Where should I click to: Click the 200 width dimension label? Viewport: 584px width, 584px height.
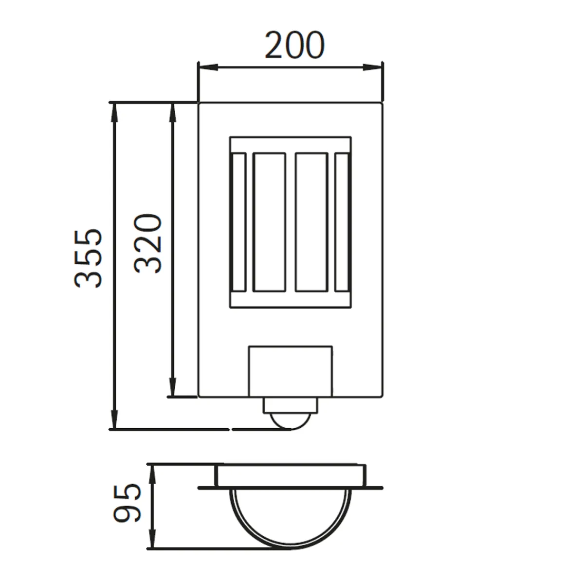(x=294, y=45)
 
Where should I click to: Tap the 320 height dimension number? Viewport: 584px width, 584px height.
(x=147, y=243)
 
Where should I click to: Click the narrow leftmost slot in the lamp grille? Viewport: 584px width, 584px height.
(x=239, y=222)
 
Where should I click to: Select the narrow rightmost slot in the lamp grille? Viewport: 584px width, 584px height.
(x=342, y=222)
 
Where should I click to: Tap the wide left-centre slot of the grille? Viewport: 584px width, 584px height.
(x=269, y=222)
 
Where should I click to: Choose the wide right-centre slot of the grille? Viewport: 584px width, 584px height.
(x=311, y=222)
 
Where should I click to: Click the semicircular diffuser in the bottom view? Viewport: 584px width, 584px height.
(x=291, y=516)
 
